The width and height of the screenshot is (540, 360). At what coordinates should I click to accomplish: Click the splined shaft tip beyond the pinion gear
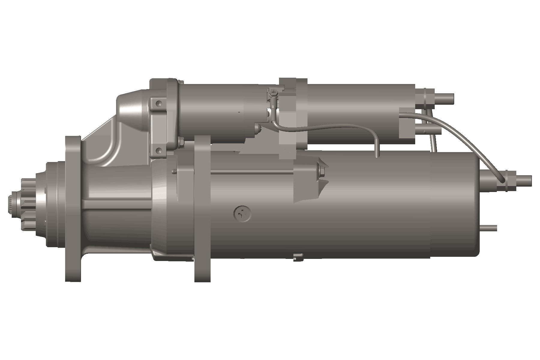11,205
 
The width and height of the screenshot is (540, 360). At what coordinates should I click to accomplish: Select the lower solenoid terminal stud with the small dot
432,131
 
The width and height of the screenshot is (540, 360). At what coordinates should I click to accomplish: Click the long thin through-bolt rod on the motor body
252,172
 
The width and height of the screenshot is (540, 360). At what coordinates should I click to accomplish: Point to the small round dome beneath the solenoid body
257,128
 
